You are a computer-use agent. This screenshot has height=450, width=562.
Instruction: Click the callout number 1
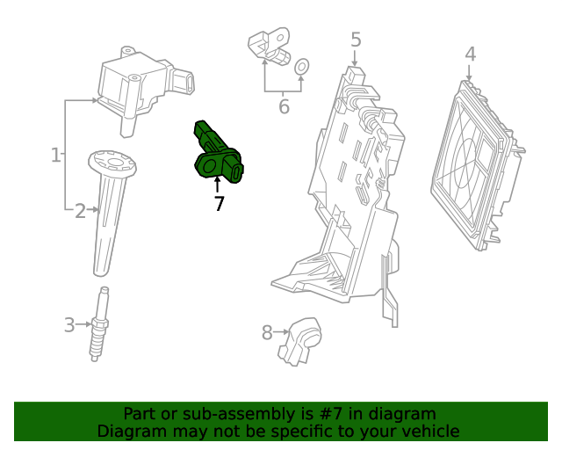tap(55, 155)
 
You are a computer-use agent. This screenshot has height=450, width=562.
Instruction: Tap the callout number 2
tap(80, 211)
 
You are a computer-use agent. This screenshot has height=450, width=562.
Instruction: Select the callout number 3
tap(69, 325)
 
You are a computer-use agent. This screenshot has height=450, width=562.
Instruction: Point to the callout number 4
tap(471, 54)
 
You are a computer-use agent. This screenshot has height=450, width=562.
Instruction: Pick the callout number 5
tap(356, 40)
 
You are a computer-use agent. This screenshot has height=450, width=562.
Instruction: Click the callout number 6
tap(284, 106)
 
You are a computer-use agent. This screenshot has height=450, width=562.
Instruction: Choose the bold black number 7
tap(219, 204)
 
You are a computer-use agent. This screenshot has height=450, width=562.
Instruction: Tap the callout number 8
tap(267, 332)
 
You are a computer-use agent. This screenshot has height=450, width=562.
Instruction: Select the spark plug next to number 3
tap(99, 324)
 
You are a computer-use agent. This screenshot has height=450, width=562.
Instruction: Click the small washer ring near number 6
tap(302, 67)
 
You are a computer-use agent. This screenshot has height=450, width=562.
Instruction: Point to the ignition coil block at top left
tap(145, 90)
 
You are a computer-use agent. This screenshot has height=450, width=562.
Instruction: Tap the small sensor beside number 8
tap(300, 341)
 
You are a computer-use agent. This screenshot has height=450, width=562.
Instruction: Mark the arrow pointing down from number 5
tap(355, 58)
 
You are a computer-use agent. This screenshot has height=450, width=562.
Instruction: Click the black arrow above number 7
tap(217, 184)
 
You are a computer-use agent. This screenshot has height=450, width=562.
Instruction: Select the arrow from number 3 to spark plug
tap(84, 324)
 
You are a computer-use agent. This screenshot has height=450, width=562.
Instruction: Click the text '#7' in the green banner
tap(331, 414)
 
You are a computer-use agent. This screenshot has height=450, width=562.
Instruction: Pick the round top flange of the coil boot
tap(112, 163)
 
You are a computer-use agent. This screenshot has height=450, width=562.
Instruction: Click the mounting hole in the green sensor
tap(210, 166)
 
